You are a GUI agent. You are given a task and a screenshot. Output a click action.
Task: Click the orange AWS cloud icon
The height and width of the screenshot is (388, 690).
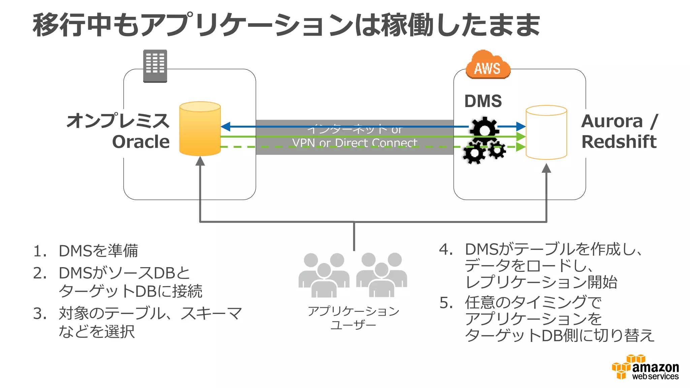pos(488,65)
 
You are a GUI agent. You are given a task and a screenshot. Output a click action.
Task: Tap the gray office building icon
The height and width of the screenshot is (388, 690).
pos(155,66)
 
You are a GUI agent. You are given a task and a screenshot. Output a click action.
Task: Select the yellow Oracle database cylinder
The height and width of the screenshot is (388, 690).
pos(200,129)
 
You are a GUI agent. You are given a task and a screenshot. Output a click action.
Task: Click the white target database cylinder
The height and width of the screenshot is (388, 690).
pos(546,132)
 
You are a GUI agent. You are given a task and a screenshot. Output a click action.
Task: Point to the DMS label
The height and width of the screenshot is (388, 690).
pos(483,101)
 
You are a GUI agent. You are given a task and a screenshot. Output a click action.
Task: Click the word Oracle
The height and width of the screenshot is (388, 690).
pos(141,142)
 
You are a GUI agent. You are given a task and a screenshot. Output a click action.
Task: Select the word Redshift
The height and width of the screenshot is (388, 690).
pos(619,141)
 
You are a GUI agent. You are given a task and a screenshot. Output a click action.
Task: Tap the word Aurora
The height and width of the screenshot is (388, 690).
pos(612,121)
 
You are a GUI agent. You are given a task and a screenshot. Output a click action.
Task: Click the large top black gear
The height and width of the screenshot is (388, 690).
pos(484,129)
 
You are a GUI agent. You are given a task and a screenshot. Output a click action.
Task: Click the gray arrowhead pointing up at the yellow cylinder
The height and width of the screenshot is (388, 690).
pos(200,161)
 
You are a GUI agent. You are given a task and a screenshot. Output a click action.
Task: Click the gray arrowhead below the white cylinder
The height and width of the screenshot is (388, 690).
pos(546,168)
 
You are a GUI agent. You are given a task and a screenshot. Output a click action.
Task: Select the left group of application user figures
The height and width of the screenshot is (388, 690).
pos(324,275)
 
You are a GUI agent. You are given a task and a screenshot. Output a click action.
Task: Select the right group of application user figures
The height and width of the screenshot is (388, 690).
pos(381,275)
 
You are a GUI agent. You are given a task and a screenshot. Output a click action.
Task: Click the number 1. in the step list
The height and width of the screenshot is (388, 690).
pos(40,251)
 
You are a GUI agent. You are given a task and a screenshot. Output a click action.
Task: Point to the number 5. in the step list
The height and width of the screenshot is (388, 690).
pos(446,303)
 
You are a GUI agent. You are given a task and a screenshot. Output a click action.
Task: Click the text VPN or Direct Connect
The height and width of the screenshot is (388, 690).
pos(354,143)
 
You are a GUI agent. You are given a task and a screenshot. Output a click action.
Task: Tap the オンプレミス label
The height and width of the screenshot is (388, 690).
pos(118,121)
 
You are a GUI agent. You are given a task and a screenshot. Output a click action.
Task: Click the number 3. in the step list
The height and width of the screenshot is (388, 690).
pos(40,314)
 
